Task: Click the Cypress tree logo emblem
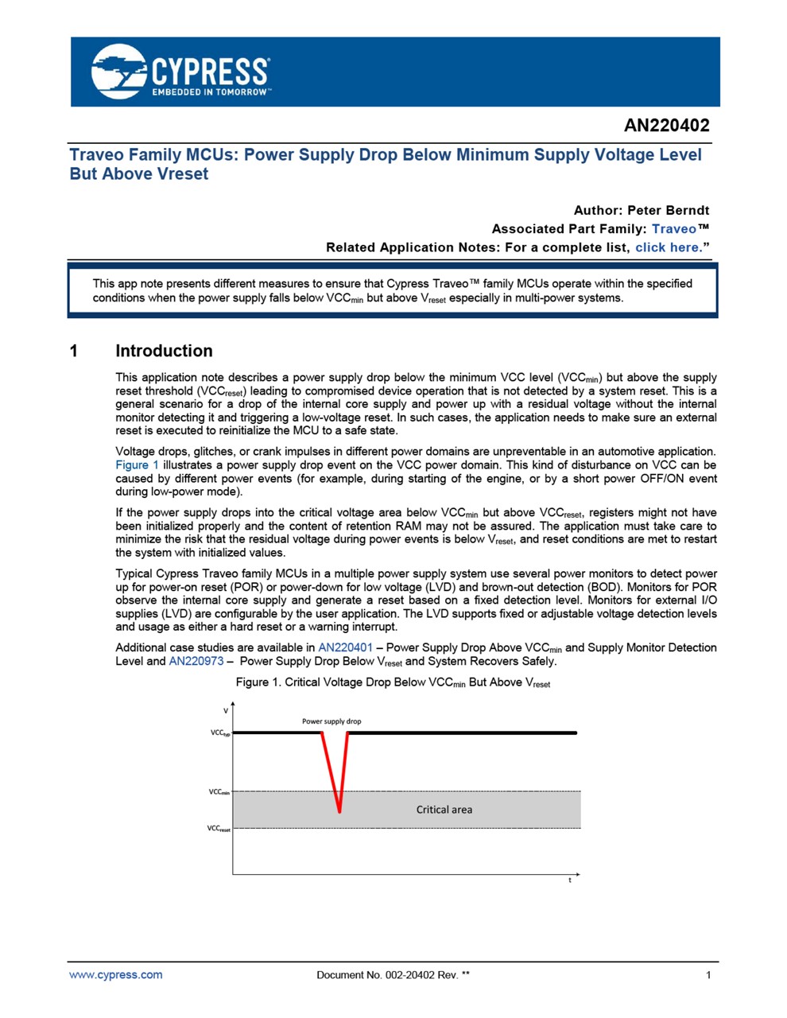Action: (119, 71)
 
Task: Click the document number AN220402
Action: (666, 126)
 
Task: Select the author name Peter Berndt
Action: (668, 210)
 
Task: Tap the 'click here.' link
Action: (669, 247)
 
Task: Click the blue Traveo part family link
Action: (673, 229)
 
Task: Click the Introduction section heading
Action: (164, 351)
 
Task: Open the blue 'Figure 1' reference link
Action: (137, 465)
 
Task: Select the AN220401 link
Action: (345, 647)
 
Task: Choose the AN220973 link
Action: (196, 661)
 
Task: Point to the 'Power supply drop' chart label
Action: (331, 721)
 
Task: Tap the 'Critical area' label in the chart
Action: (444, 810)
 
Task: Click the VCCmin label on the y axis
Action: (219, 792)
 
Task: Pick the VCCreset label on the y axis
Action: (219, 829)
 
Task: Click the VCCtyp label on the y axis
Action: (219, 732)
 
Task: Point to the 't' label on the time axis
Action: (570, 880)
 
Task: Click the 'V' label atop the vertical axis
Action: (226, 710)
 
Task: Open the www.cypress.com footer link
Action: (115, 974)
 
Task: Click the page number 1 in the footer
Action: (708, 975)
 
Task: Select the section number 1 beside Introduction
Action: (74, 351)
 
